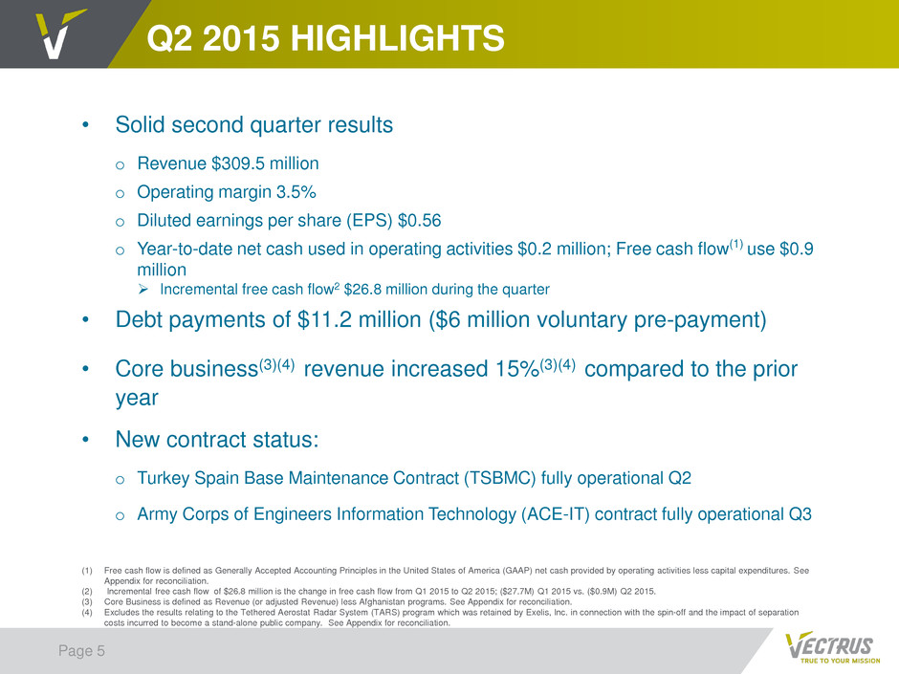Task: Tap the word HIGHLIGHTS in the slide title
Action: (397, 38)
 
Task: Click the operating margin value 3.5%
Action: (296, 192)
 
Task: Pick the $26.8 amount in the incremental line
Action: (362, 290)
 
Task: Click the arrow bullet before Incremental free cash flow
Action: (143, 290)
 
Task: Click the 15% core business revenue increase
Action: (516, 369)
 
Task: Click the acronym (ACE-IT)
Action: (555, 514)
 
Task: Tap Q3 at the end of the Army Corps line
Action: (800, 514)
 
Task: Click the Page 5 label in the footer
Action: (81, 650)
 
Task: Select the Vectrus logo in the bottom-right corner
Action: (832, 647)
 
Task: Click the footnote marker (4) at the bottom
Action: (87, 612)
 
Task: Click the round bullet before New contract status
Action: (85, 440)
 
